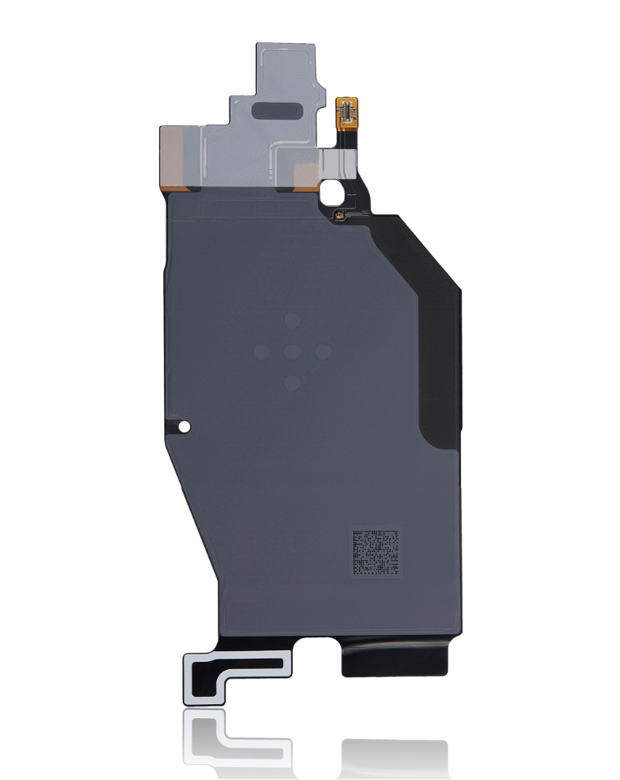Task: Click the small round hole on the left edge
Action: [x=185, y=426]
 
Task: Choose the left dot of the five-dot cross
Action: [x=262, y=351]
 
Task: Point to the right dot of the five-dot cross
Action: [x=322, y=351]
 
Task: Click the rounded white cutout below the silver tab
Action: [x=333, y=193]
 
